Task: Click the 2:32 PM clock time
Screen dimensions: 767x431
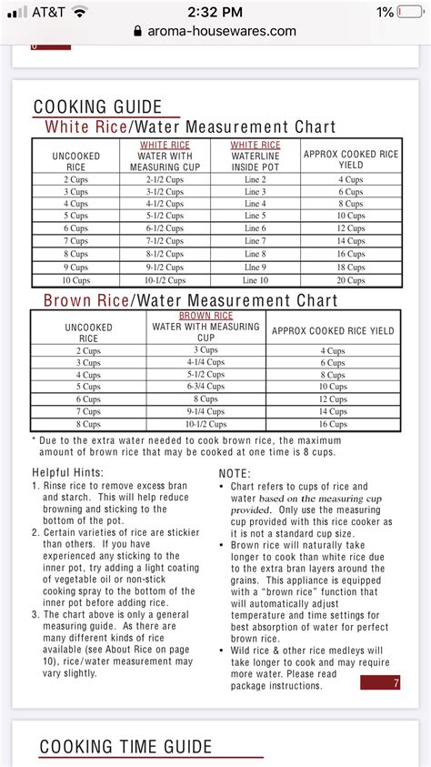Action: [215, 12]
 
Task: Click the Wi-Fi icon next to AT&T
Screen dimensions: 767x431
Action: [80, 12]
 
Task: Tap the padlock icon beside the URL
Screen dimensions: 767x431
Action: [137, 31]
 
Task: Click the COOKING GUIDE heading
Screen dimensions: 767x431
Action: [97, 106]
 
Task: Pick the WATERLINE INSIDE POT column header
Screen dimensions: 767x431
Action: [255, 156]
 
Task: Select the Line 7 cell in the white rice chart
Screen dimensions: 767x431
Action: [255, 241]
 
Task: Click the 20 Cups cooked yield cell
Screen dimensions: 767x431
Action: [351, 280]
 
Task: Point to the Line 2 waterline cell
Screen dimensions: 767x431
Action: [255, 179]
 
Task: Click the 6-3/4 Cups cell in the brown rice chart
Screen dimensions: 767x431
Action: [205, 387]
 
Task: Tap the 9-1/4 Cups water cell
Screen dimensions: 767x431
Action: [205, 411]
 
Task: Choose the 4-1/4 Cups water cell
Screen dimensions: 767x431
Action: [205, 362]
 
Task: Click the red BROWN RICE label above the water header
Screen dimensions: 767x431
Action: [205, 316]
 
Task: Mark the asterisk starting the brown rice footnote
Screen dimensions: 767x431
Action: [34, 439]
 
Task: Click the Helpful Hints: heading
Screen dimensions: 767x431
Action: [67, 472]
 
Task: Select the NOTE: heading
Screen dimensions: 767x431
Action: [236, 473]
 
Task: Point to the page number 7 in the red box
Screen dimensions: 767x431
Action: [396, 683]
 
